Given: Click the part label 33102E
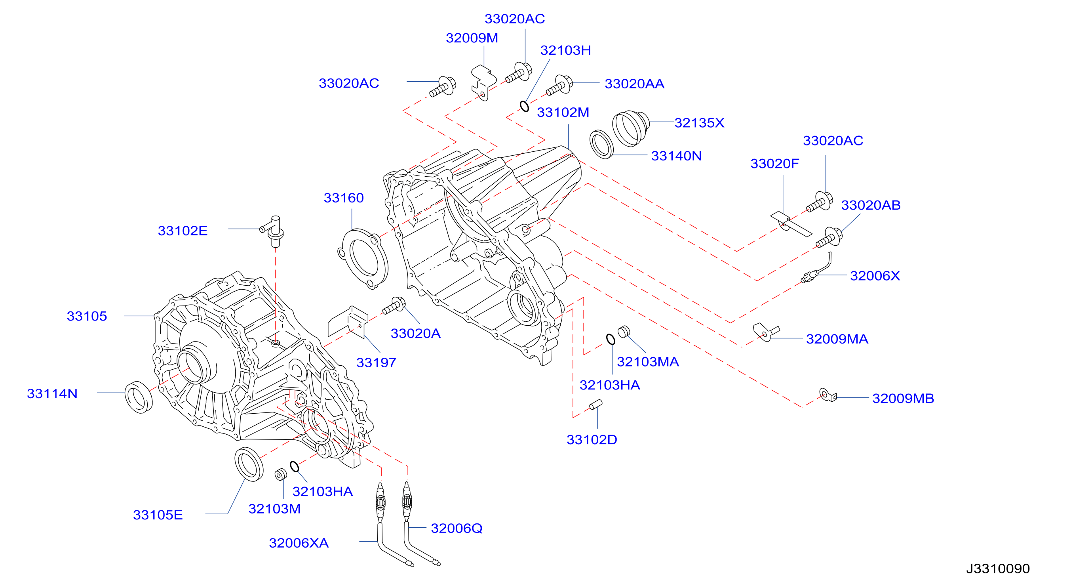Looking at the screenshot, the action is (x=183, y=231).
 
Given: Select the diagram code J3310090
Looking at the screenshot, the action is (x=998, y=569).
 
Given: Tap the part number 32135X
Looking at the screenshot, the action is (x=699, y=123).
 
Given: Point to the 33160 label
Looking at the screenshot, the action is (x=343, y=198).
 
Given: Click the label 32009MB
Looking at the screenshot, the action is (x=903, y=398).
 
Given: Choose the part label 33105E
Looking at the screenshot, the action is (x=158, y=515).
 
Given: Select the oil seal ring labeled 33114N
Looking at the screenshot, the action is (x=139, y=397).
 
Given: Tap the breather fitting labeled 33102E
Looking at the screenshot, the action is (x=273, y=231).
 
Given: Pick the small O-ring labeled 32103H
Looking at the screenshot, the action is (x=525, y=106).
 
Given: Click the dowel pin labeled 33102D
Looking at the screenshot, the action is (x=595, y=405).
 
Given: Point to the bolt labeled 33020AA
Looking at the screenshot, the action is (x=559, y=85).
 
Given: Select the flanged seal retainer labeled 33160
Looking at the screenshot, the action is (x=363, y=259).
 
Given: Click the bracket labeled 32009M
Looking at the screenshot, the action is (x=483, y=82).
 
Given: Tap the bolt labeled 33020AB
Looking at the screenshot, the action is (x=829, y=238).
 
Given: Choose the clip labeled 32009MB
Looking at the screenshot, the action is (x=828, y=395).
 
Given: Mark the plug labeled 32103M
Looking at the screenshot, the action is (x=281, y=474).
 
